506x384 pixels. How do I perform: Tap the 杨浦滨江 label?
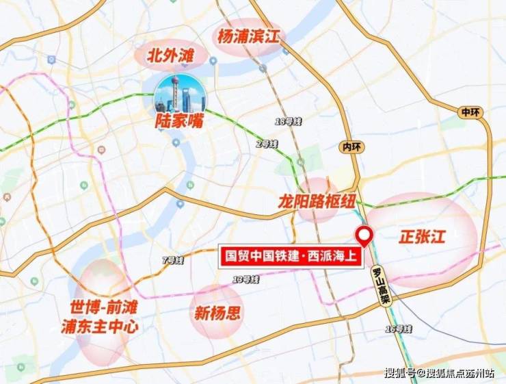(x=250, y=36)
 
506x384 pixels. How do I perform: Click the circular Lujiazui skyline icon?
(x=179, y=94)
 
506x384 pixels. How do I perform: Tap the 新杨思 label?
(x=217, y=313)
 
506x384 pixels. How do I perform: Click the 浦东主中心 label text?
(x=105, y=327)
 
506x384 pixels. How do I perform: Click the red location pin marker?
(x=365, y=236)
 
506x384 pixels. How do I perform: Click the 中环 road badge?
(x=470, y=112)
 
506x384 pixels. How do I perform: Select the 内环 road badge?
(x=349, y=146)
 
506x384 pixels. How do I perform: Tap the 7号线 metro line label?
(x=174, y=260)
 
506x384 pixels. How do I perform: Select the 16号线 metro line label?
(x=399, y=330)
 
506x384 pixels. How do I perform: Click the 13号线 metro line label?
(x=245, y=279)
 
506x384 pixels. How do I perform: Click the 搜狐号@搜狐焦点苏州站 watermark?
(x=438, y=373)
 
